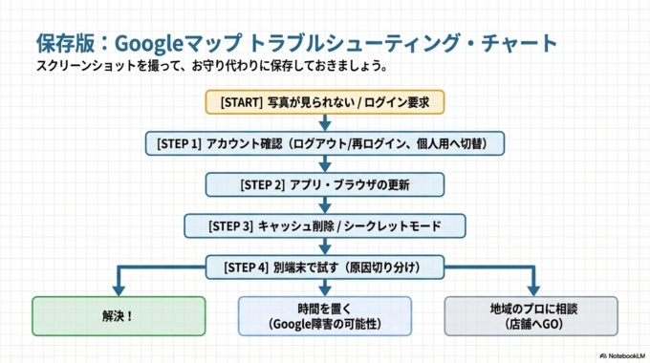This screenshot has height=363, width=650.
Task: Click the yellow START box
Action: pyautogui.click(x=325, y=101)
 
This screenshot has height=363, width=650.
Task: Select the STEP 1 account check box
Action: pyautogui.click(x=325, y=143)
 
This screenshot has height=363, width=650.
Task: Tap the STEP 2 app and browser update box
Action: pyautogui.click(x=325, y=184)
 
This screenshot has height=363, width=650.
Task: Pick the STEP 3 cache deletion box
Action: pyautogui.click(x=325, y=225)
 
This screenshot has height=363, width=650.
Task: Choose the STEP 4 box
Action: pyautogui.click(x=325, y=267)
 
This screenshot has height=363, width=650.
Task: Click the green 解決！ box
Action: pyautogui.click(x=119, y=314)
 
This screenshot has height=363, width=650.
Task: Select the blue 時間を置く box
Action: pyautogui.click(x=325, y=314)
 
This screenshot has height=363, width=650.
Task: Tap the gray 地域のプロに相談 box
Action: pyautogui.click(x=532, y=314)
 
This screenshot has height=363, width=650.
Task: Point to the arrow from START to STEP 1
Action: pyautogui.click(x=325, y=122)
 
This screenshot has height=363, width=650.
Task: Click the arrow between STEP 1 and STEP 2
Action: pyautogui.click(x=325, y=164)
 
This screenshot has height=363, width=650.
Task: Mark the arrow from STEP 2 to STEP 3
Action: pyautogui.click(x=325, y=205)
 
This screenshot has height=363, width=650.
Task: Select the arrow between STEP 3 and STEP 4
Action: pyautogui.click(x=325, y=246)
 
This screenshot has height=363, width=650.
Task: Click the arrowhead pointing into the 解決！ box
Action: pyautogui.click(x=119, y=288)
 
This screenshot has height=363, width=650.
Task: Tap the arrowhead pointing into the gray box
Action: pyautogui.click(x=532, y=288)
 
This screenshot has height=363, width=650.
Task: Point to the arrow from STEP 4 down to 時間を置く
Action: pyautogui.click(x=325, y=286)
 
